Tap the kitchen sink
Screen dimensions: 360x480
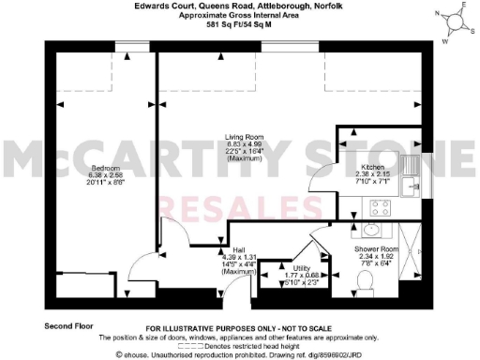(410, 178)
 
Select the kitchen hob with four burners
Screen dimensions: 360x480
(382, 207)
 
